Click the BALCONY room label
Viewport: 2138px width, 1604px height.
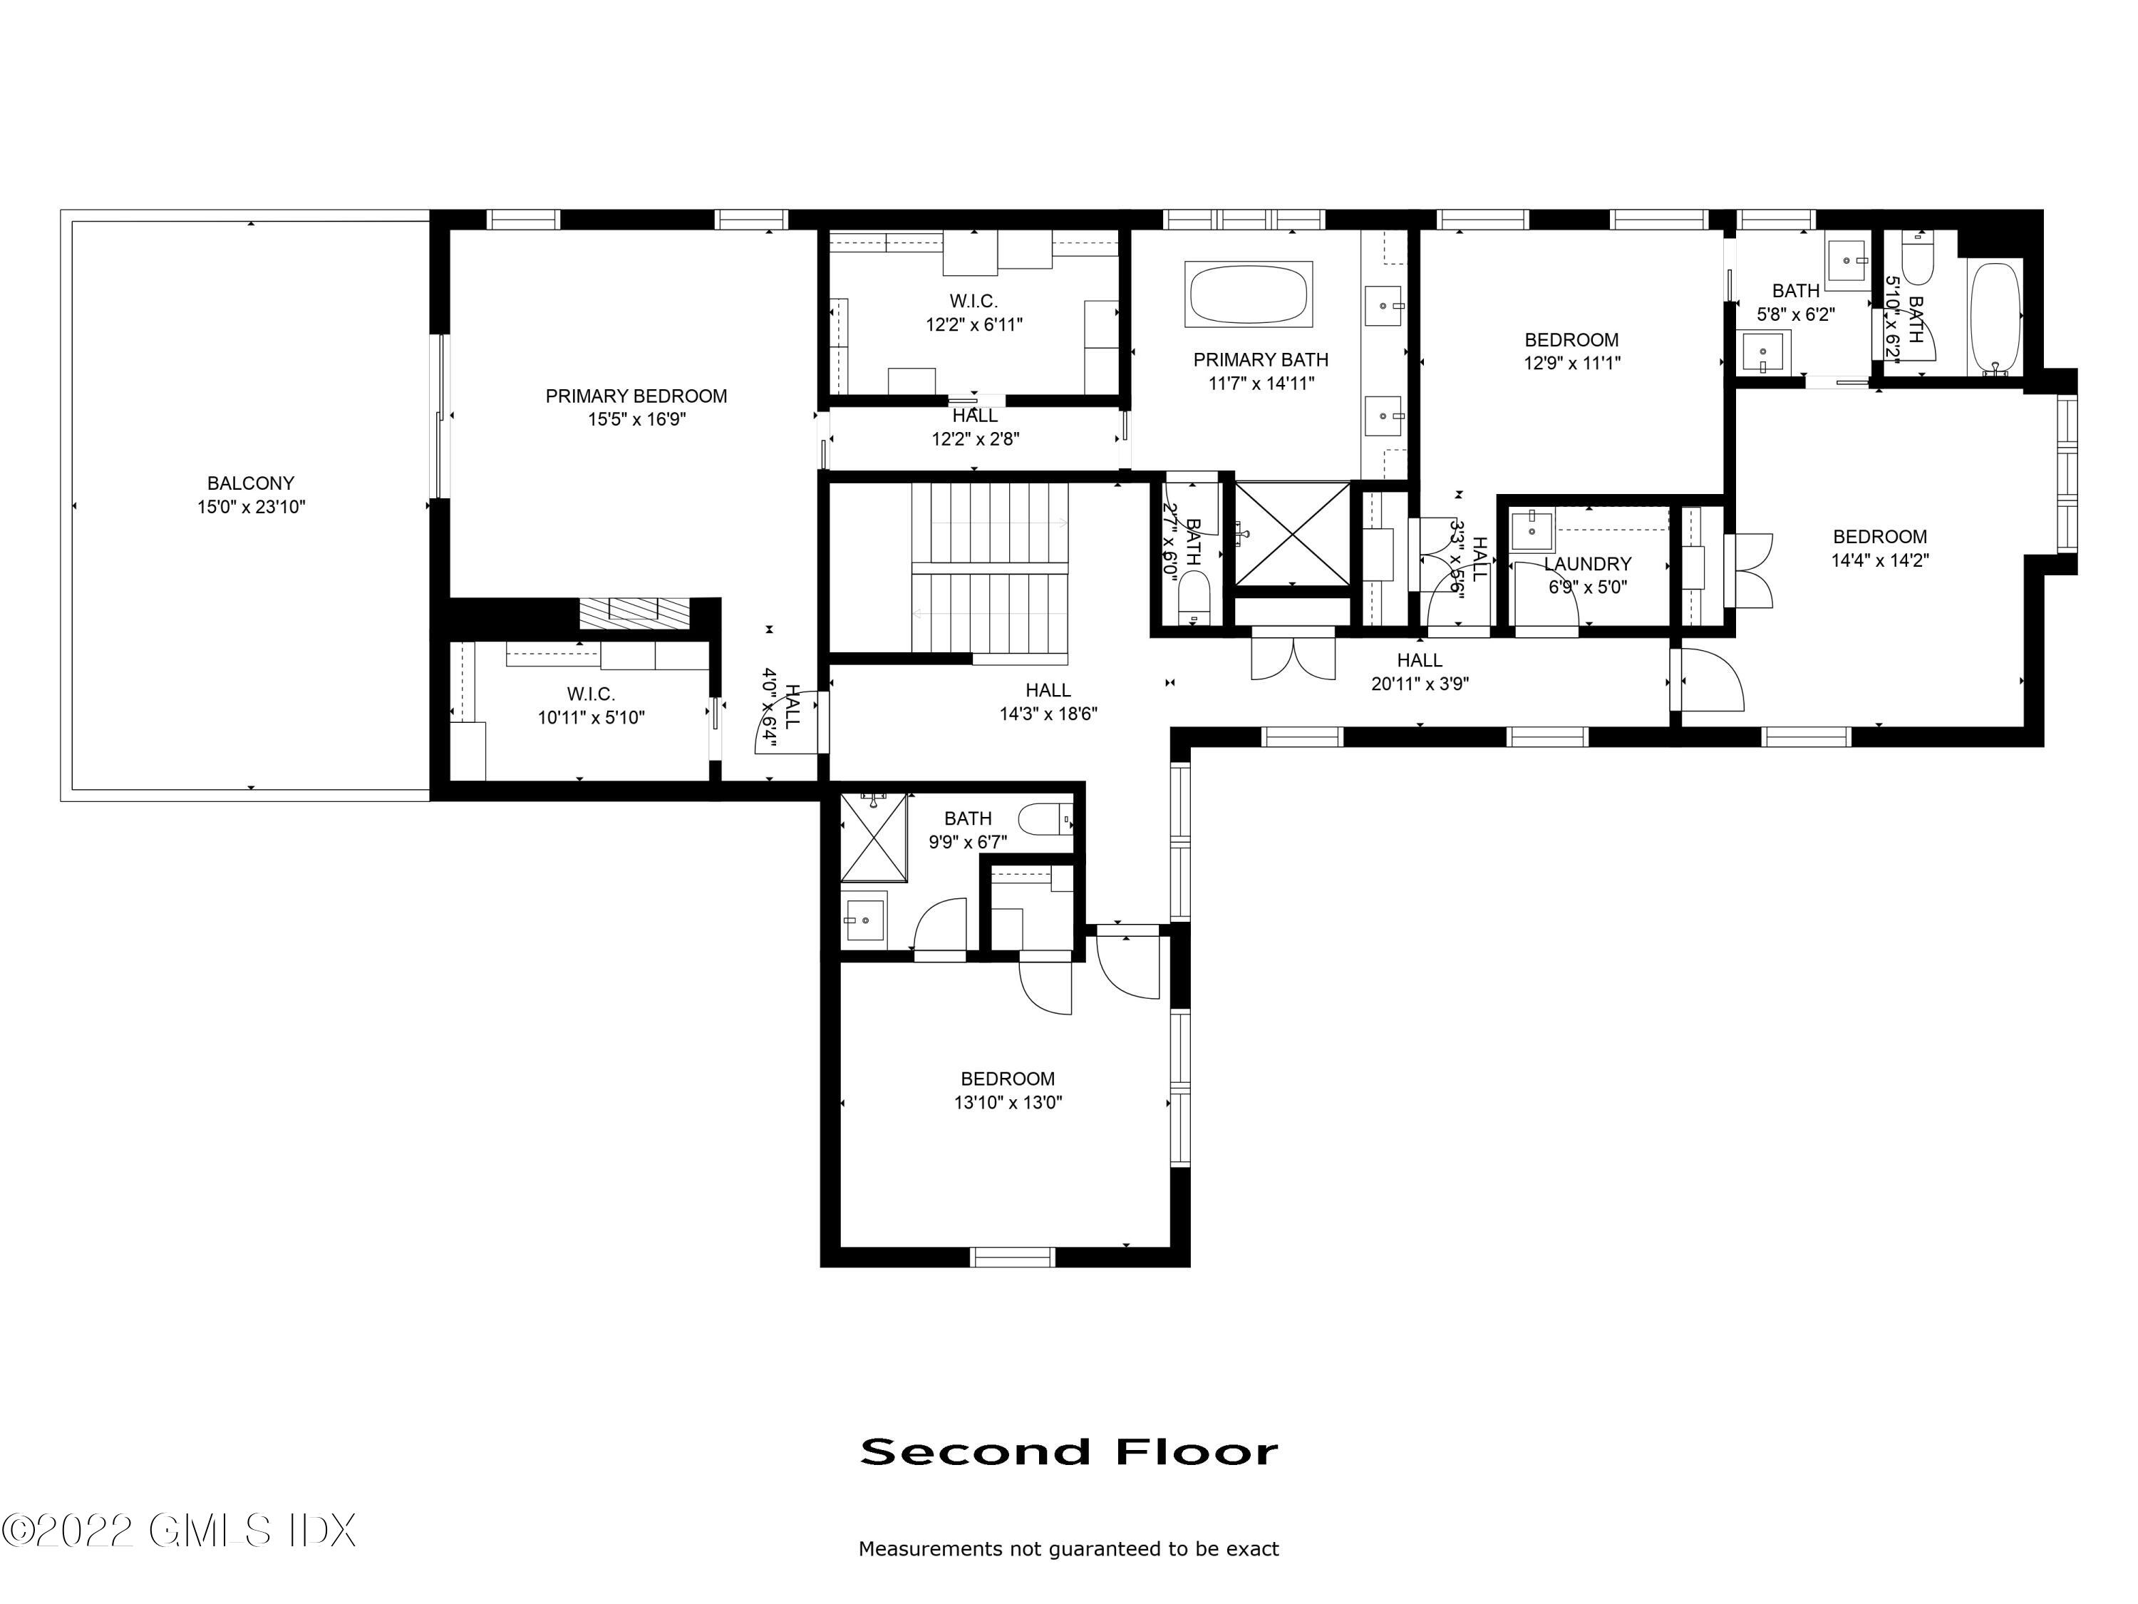pos(250,483)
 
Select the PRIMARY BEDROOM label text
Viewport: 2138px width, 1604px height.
pos(636,396)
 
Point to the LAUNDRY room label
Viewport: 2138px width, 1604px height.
pos(1587,564)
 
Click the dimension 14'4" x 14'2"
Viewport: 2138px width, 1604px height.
pos(1879,560)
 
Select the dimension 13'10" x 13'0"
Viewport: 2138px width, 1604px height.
pos(1007,1102)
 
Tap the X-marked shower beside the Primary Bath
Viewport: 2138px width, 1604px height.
pos(1292,535)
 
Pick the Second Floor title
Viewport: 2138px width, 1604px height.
pos(1069,1451)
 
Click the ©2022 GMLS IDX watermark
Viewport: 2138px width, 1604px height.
pos(179,1530)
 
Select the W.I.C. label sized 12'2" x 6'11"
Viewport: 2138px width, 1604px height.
pos(974,302)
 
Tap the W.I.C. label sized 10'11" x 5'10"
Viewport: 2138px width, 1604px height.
pos(591,694)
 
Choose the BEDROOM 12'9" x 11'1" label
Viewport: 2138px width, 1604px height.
pos(1571,340)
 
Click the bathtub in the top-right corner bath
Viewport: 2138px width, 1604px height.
pos(1995,318)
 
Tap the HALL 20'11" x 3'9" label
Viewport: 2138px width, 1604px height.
pos(1419,660)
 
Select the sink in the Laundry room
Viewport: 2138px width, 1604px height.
pos(1532,530)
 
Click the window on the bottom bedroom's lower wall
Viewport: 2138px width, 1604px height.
pos(1012,1257)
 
